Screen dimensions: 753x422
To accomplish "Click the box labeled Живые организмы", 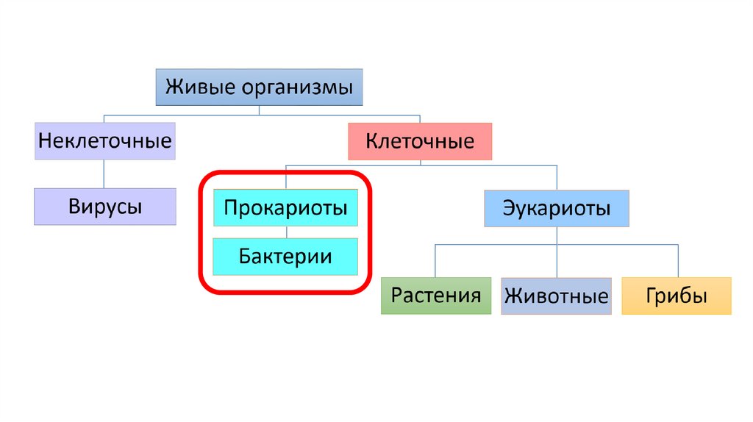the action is click(259, 88).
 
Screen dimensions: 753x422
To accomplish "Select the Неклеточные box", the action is click(104, 140).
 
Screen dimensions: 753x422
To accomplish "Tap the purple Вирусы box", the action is click(104, 206).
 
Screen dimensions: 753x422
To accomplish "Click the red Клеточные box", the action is click(420, 141).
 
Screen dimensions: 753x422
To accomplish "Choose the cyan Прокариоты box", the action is click(285, 208).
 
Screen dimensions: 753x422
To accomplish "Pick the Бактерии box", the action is click(285, 257).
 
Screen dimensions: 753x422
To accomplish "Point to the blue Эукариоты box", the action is click(557, 209).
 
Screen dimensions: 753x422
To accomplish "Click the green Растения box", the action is click(436, 296).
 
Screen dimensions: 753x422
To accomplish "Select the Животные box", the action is click(557, 296).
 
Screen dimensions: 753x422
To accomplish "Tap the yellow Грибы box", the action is click(677, 296).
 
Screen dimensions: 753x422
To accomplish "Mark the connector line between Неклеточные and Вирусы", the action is click(104, 174).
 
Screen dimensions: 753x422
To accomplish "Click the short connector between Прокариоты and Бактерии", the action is click(285, 232).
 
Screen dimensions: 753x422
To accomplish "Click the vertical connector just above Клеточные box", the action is click(420, 119).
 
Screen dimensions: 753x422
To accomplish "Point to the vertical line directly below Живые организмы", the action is click(259, 110).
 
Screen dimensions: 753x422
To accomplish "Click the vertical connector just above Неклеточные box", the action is click(104, 118).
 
